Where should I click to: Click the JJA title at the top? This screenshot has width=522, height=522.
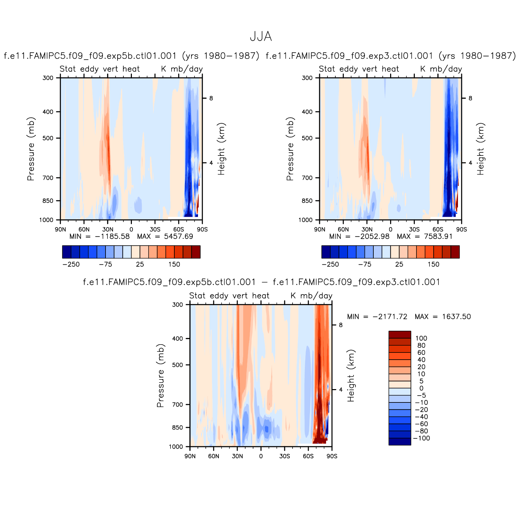pyautogui.click(x=261, y=37)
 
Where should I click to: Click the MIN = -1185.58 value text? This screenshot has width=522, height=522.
pyautogui.click(x=100, y=236)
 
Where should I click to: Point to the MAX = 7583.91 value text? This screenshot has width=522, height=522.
pyautogui.click(x=425, y=236)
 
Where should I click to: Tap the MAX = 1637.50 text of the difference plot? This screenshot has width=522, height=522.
pyautogui.click(x=443, y=317)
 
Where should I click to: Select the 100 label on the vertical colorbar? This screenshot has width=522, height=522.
pyautogui.click(x=421, y=338)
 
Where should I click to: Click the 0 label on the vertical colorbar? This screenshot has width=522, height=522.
pyautogui.click(x=421, y=388)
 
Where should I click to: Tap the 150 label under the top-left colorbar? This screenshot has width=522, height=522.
pyautogui.click(x=174, y=264)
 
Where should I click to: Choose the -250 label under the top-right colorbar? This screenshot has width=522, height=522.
pyautogui.click(x=330, y=264)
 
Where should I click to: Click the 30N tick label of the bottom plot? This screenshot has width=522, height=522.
pyautogui.click(x=237, y=456)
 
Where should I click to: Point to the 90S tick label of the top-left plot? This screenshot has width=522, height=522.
pyautogui.click(x=202, y=229)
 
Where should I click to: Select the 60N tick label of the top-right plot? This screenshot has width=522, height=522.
pyautogui.click(x=343, y=229)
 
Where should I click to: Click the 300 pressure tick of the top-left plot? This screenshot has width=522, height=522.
pyautogui.click(x=48, y=78)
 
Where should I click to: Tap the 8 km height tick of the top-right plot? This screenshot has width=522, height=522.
pyautogui.click(x=470, y=98)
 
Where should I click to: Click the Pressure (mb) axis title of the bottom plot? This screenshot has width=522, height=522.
pyautogui.click(x=160, y=375)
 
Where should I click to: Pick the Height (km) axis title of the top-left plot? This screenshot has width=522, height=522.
pyautogui.click(x=221, y=149)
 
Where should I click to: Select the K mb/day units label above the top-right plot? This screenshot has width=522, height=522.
pyautogui.click(x=441, y=69)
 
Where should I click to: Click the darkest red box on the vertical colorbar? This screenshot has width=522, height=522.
pyautogui.click(x=399, y=335)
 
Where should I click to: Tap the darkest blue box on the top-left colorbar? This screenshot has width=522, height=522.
pyautogui.click(x=67, y=252)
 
